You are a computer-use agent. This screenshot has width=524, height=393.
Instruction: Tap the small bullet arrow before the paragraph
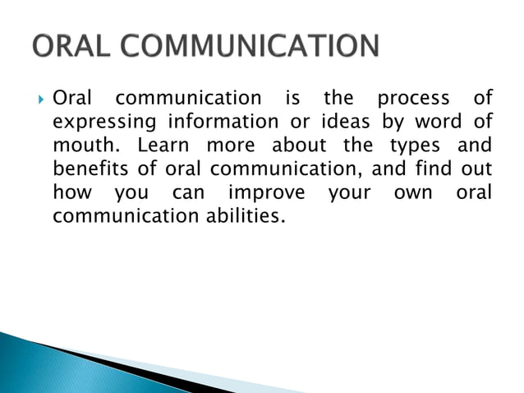pyautogui.click(x=40, y=99)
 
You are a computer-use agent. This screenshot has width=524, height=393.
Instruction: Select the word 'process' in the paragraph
pyautogui.click(x=413, y=99)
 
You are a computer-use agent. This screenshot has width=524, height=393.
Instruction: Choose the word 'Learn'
pyautogui.click(x=163, y=147)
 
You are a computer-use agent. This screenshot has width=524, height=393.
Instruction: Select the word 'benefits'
pyautogui.click(x=89, y=171)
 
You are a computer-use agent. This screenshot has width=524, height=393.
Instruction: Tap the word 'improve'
pyautogui.click(x=266, y=195)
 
